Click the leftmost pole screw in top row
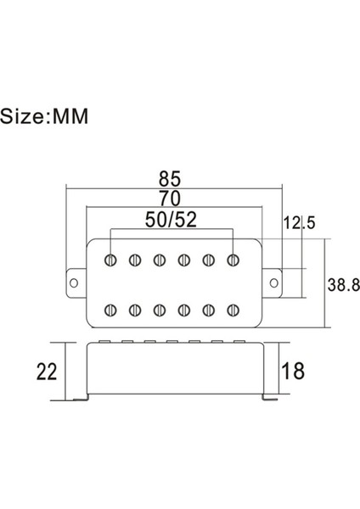111,259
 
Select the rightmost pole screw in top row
233,259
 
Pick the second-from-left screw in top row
135,259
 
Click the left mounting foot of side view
82,400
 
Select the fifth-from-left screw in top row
208,259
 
